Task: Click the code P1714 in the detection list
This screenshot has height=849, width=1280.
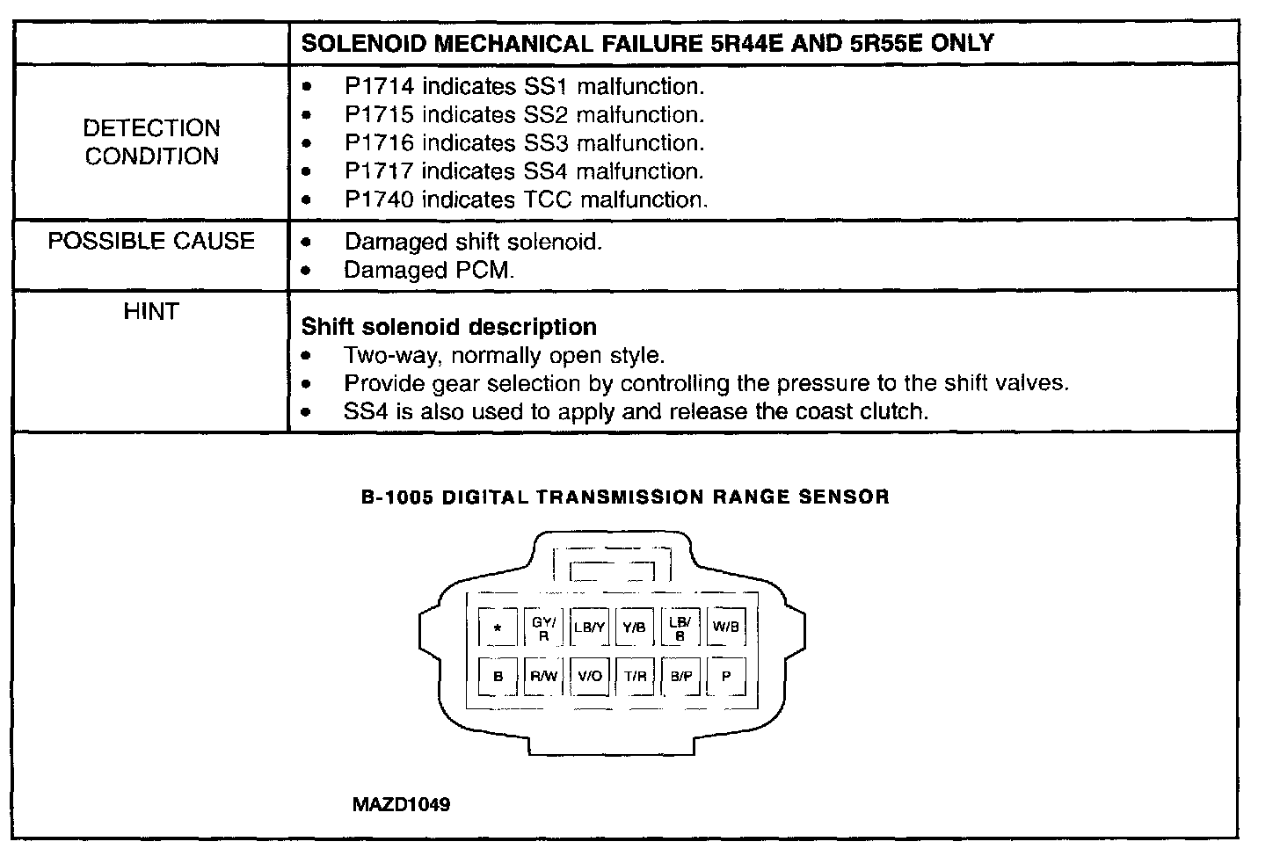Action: pyautogui.click(x=379, y=87)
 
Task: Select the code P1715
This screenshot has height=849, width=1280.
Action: pyautogui.click(x=379, y=115)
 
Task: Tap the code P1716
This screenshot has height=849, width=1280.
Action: pyautogui.click(x=379, y=143)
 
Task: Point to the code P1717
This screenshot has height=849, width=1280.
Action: pyautogui.click(x=379, y=171)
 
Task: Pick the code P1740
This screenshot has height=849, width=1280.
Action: pyautogui.click(x=379, y=200)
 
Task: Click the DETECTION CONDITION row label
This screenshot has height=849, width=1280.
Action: pyautogui.click(x=151, y=142)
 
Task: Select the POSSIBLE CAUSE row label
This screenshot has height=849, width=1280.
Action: pyautogui.click(x=151, y=242)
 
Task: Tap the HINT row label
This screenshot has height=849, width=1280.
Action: pyautogui.click(x=151, y=312)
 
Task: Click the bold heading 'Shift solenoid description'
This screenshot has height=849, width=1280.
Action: pyautogui.click(x=448, y=327)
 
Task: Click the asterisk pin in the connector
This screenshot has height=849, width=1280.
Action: pyautogui.click(x=498, y=628)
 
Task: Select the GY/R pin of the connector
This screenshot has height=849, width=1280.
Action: pyautogui.click(x=543, y=628)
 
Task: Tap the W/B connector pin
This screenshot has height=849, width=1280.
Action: pyautogui.click(x=726, y=628)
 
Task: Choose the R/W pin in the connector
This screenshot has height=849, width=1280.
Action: pyautogui.click(x=543, y=676)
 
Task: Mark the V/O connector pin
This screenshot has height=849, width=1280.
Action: pyautogui.click(x=590, y=676)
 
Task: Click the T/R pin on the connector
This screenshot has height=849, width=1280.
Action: pyautogui.click(x=635, y=676)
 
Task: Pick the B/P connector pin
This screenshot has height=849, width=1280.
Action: pyautogui.click(x=680, y=676)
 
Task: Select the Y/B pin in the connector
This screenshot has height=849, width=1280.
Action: pyautogui.click(x=635, y=628)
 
